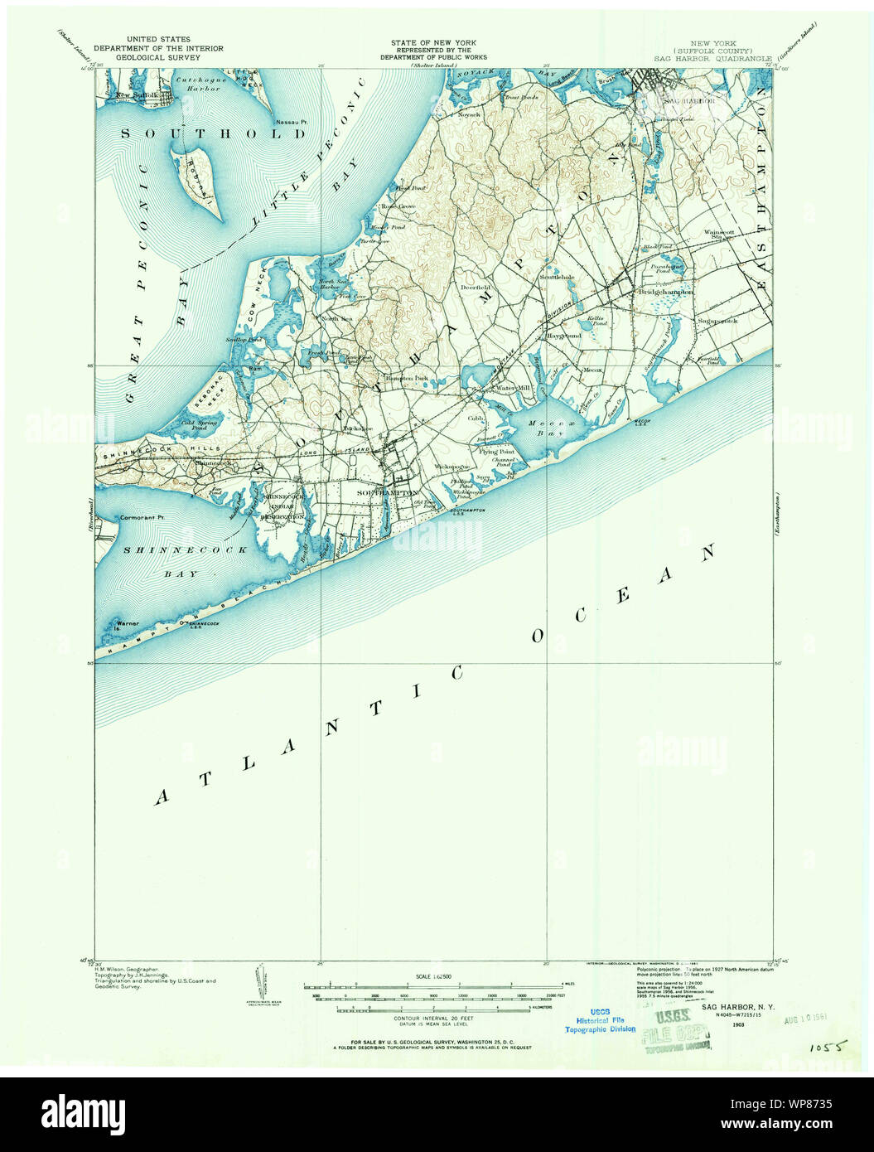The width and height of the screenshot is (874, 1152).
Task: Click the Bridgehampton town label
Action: coord(670,292)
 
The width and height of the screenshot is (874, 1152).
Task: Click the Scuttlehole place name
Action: coord(557,276)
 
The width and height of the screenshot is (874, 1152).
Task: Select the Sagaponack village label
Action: coord(717,321)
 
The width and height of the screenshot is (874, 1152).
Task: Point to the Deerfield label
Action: coord(477,287)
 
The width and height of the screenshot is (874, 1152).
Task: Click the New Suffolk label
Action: coord(135,95)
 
